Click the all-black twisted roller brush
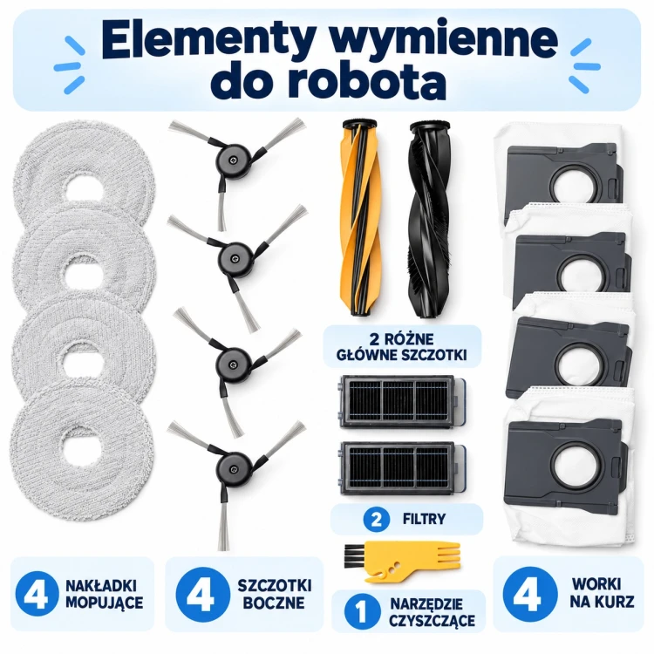pos(430,219)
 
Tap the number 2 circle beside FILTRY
pos(376,520)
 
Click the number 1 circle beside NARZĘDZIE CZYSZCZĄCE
pos(361,611)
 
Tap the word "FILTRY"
pos(424,520)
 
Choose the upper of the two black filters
pos(403,401)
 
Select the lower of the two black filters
pos(403,468)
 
